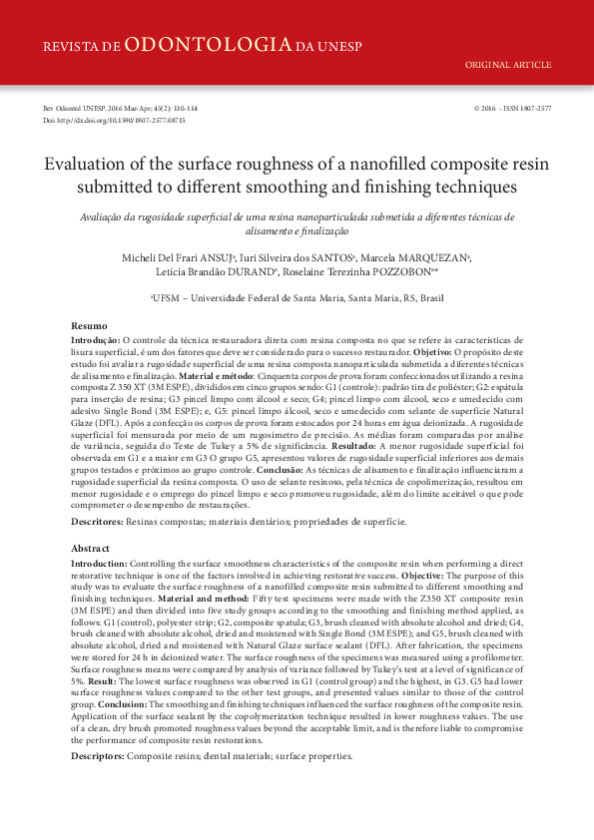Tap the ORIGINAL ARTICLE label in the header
point(508,65)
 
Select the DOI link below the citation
point(114,120)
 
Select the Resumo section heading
point(90,327)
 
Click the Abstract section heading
point(91,549)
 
